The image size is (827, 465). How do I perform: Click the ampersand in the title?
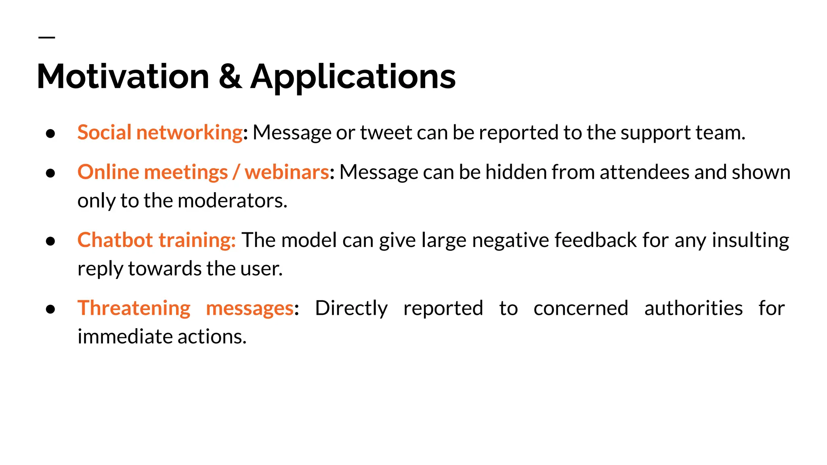(x=230, y=77)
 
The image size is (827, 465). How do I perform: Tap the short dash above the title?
(x=47, y=38)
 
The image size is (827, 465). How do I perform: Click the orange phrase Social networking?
(x=160, y=132)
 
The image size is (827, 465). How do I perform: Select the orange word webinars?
(x=287, y=172)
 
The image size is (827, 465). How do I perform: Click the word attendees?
(x=644, y=172)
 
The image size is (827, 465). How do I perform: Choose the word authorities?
(x=693, y=308)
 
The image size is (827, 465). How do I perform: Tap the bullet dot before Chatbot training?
(x=50, y=241)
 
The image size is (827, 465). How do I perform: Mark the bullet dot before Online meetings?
(x=50, y=173)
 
